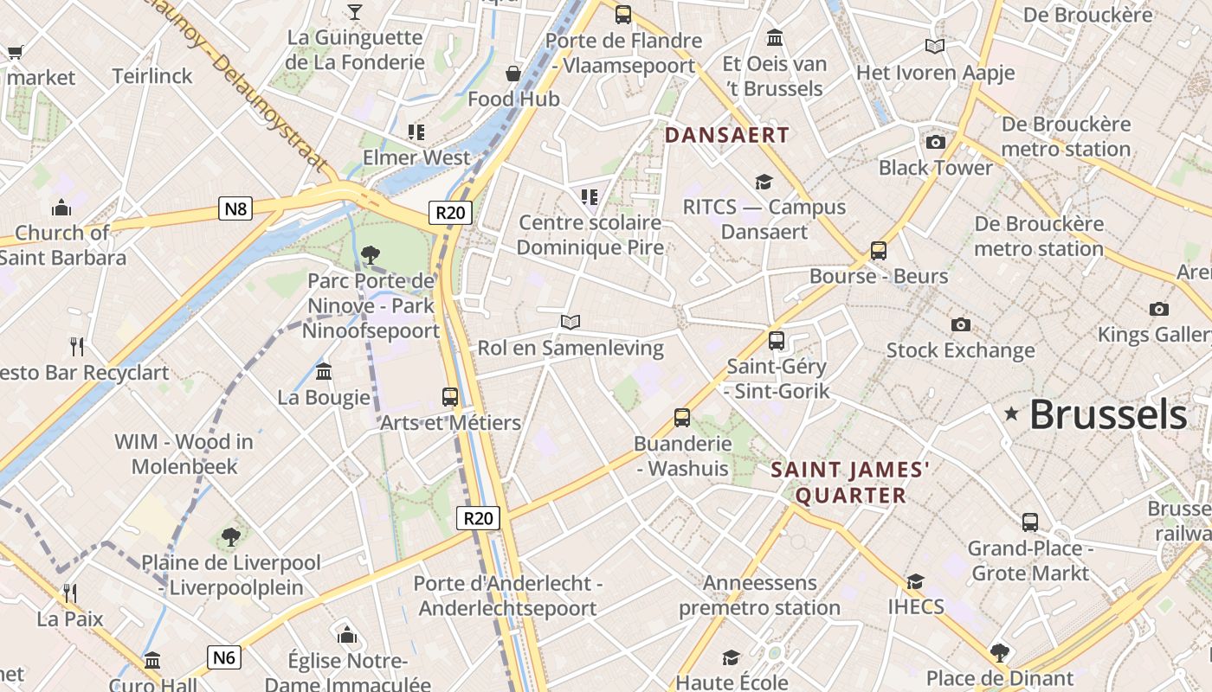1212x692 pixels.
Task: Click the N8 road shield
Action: click(x=235, y=208)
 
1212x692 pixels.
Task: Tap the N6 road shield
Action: click(x=224, y=657)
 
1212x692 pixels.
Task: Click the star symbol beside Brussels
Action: click(x=1011, y=414)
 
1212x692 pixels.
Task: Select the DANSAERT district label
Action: click(x=726, y=135)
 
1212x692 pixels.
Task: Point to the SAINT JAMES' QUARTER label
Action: click(x=850, y=483)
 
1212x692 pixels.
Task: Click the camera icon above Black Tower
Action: click(x=935, y=143)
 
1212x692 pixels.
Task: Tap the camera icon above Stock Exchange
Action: click(x=960, y=325)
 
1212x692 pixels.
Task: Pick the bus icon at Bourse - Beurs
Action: click(x=879, y=251)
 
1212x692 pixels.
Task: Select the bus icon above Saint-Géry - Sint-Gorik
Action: click(x=777, y=341)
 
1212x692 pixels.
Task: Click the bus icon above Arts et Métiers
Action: click(x=450, y=397)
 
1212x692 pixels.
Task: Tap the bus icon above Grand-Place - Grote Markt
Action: click(x=1029, y=522)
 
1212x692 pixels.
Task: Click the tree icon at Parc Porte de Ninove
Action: click(x=371, y=255)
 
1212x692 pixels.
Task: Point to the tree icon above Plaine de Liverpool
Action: click(x=230, y=537)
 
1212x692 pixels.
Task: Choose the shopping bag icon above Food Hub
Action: click(x=513, y=74)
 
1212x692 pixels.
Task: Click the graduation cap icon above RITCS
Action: click(x=764, y=182)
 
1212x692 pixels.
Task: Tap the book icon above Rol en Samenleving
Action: click(x=570, y=323)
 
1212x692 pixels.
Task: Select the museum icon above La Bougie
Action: click(x=324, y=372)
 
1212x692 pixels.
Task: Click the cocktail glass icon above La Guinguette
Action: click(x=354, y=11)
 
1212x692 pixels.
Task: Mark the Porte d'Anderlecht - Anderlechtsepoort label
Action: click(x=507, y=595)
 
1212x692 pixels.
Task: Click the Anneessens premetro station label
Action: click(x=759, y=595)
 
